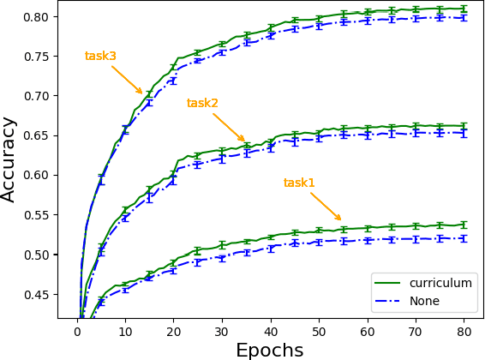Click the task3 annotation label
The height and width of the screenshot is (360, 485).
pyautogui.click(x=100, y=57)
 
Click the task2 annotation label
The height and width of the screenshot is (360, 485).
pyautogui.click(x=202, y=104)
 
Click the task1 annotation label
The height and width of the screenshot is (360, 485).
pyautogui.click(x=299, y=183)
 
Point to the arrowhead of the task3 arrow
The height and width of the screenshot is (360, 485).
pyautogui.click(x=141, y=93)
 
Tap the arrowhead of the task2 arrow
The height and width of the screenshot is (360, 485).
pyautogui.click(x=244, y=141)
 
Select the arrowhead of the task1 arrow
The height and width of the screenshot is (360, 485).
pyautogui.click(x=340, y=219)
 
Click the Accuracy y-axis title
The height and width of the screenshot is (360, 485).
pyautogui.click(x=9, y=159)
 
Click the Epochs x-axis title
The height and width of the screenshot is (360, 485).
pyautogui.click(x=270, y=350)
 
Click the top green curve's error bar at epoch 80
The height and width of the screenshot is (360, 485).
pyautogui.click(x=464, y=9)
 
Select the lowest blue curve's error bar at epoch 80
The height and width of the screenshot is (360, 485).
pyautogui.click(x=464, y=238)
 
